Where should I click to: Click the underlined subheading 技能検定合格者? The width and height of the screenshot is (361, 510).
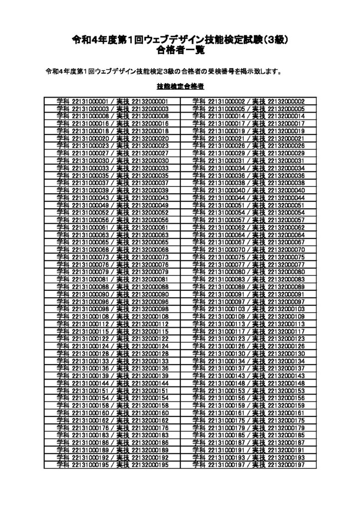(180, 86)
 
